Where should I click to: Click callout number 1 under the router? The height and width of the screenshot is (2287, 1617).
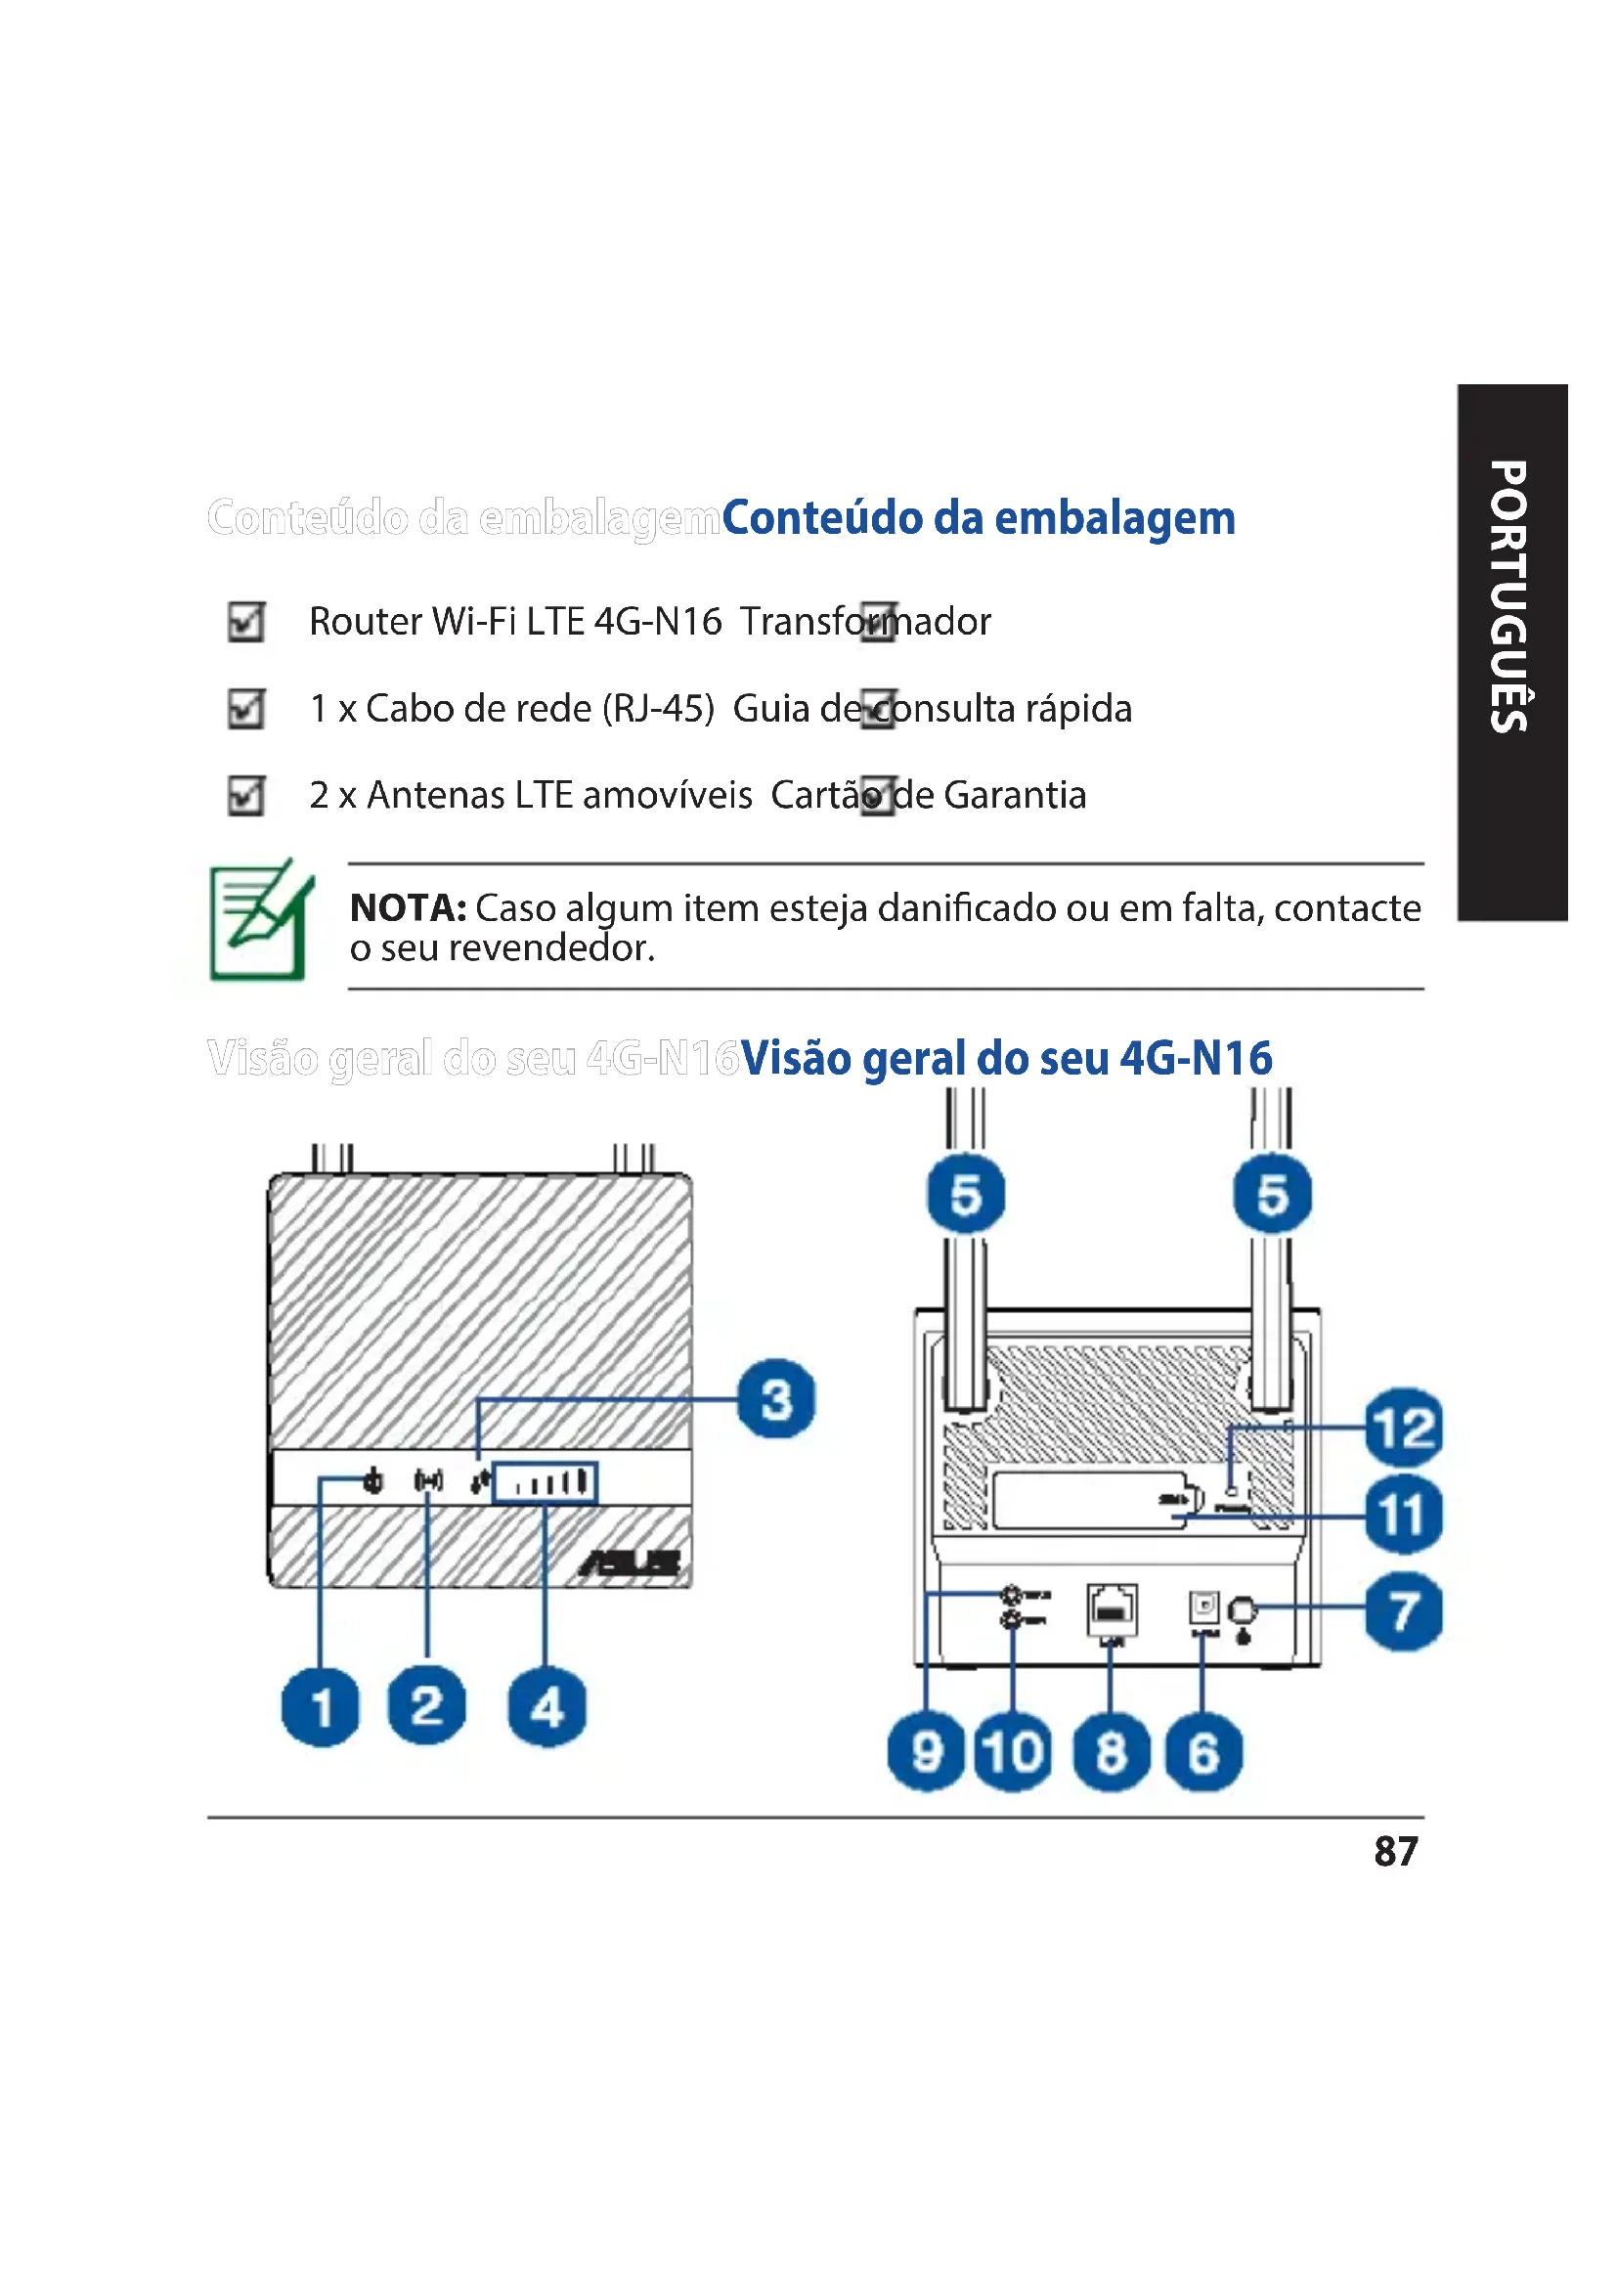tap(321, 1706)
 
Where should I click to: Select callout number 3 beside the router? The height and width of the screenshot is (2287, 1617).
tap(776, 1398)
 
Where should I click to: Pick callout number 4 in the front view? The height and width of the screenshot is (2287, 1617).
tap(546, 1707)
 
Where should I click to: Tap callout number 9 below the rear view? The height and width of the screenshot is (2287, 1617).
tap(926, 1752)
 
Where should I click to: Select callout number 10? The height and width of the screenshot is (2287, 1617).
tap(1013, 1752)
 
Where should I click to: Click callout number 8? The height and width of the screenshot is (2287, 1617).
tap(1112, 1752)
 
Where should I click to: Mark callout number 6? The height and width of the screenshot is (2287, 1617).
tap(1203, 1752)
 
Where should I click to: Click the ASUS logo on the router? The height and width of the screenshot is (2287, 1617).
tap(632, 1563)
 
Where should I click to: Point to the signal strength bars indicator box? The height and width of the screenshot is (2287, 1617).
tap(546, 1483)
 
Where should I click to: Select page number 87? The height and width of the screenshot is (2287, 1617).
tap(1395, 1852)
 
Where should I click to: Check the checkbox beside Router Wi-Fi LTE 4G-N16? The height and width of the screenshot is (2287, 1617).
tap(246, 622)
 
